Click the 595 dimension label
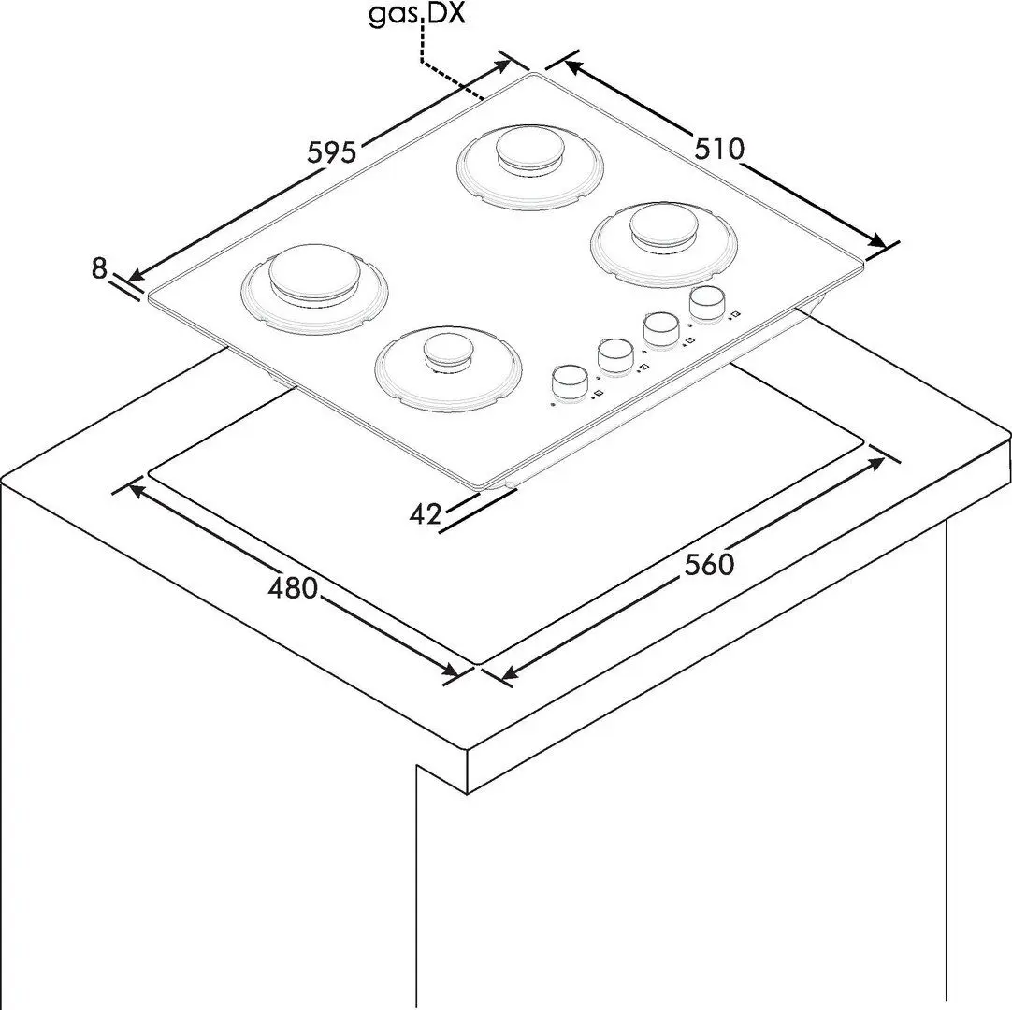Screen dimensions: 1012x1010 pos(332,153)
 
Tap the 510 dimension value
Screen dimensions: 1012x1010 pos(719,149)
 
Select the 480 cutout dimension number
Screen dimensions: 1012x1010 pos(293,587)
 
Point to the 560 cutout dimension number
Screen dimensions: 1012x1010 pos(709,565)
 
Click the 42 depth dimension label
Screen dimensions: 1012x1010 pos(426,513)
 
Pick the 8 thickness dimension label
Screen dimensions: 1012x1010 pos(99,268)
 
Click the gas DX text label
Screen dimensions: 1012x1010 pos(417,14)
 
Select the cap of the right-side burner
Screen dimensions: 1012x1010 pos(665,227)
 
